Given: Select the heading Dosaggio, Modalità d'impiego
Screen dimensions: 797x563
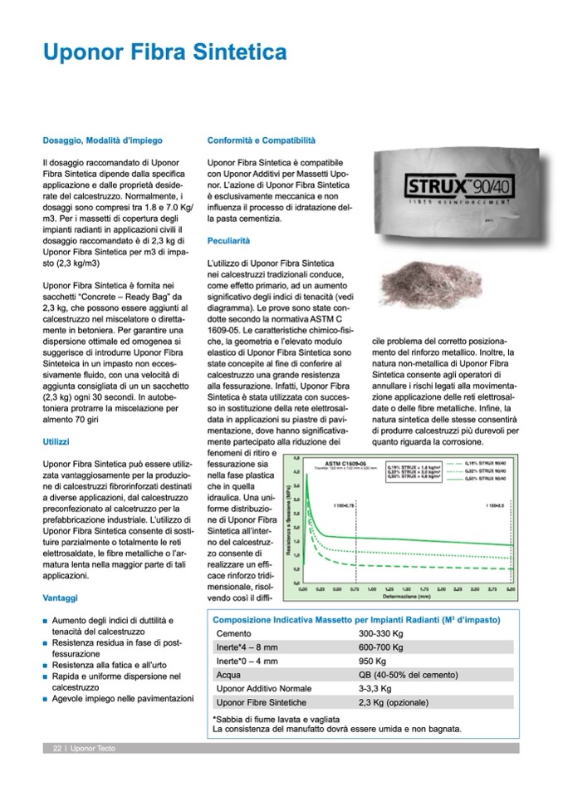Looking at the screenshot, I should click(102, 141).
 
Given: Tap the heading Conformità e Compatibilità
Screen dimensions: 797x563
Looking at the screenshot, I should click(261, 141).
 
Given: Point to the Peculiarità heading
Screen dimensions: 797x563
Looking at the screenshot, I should click(228, 239).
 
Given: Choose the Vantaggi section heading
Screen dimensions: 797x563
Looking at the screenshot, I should click(60, 597).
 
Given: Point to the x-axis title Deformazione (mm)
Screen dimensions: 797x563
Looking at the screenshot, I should click(406, 595).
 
